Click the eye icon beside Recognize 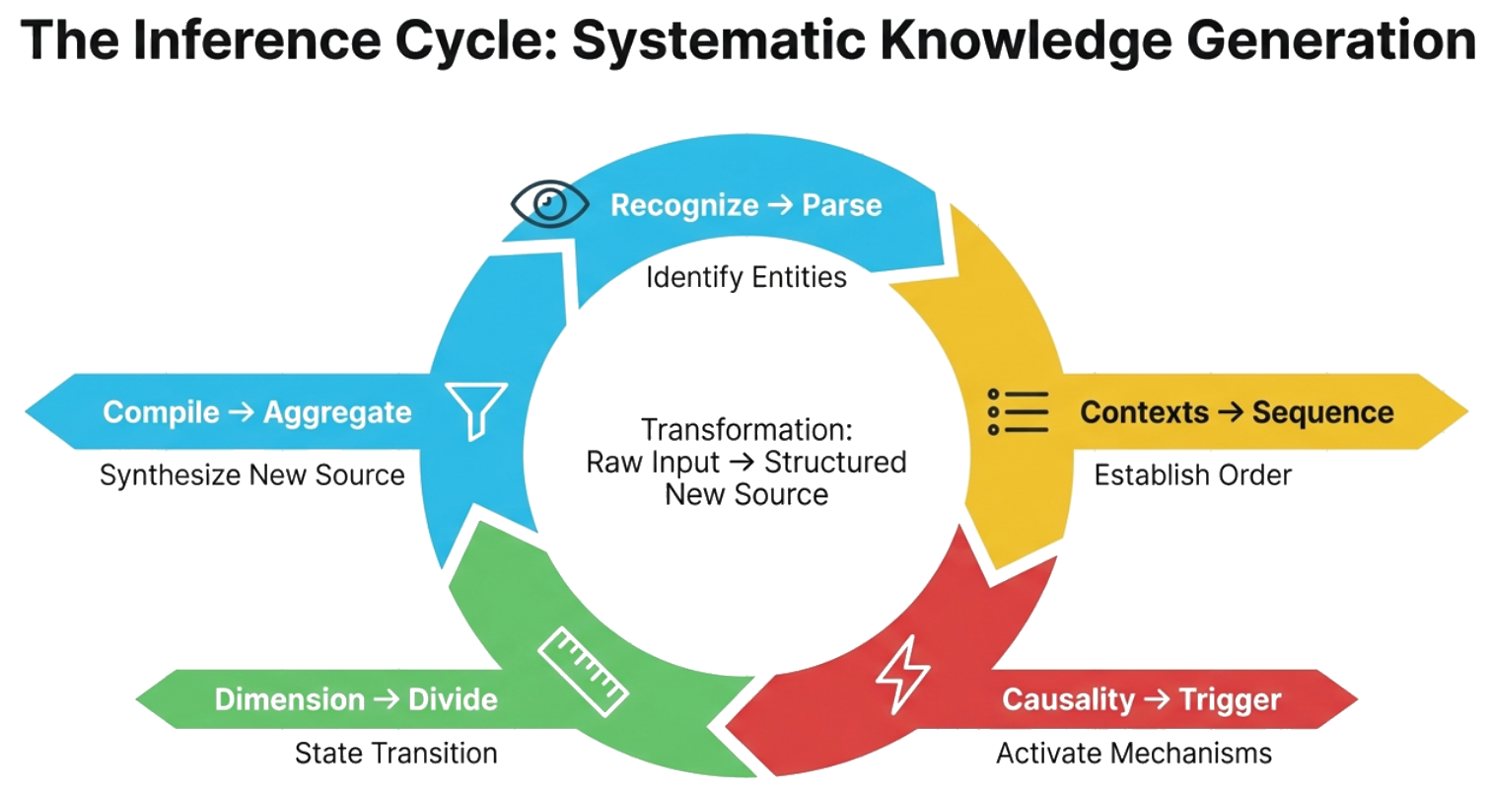point(549,203)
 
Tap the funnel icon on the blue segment point(476,409)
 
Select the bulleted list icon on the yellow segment point(1018,411)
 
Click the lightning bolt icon point(902,678)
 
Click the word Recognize point(684,205)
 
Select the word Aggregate point(337,411)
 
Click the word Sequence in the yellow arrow point(1322,411)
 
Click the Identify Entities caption point(745,277)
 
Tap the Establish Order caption point(1192,475)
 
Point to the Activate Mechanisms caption point(1133,755)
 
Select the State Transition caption point(395,755)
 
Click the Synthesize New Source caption point(252,475)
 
